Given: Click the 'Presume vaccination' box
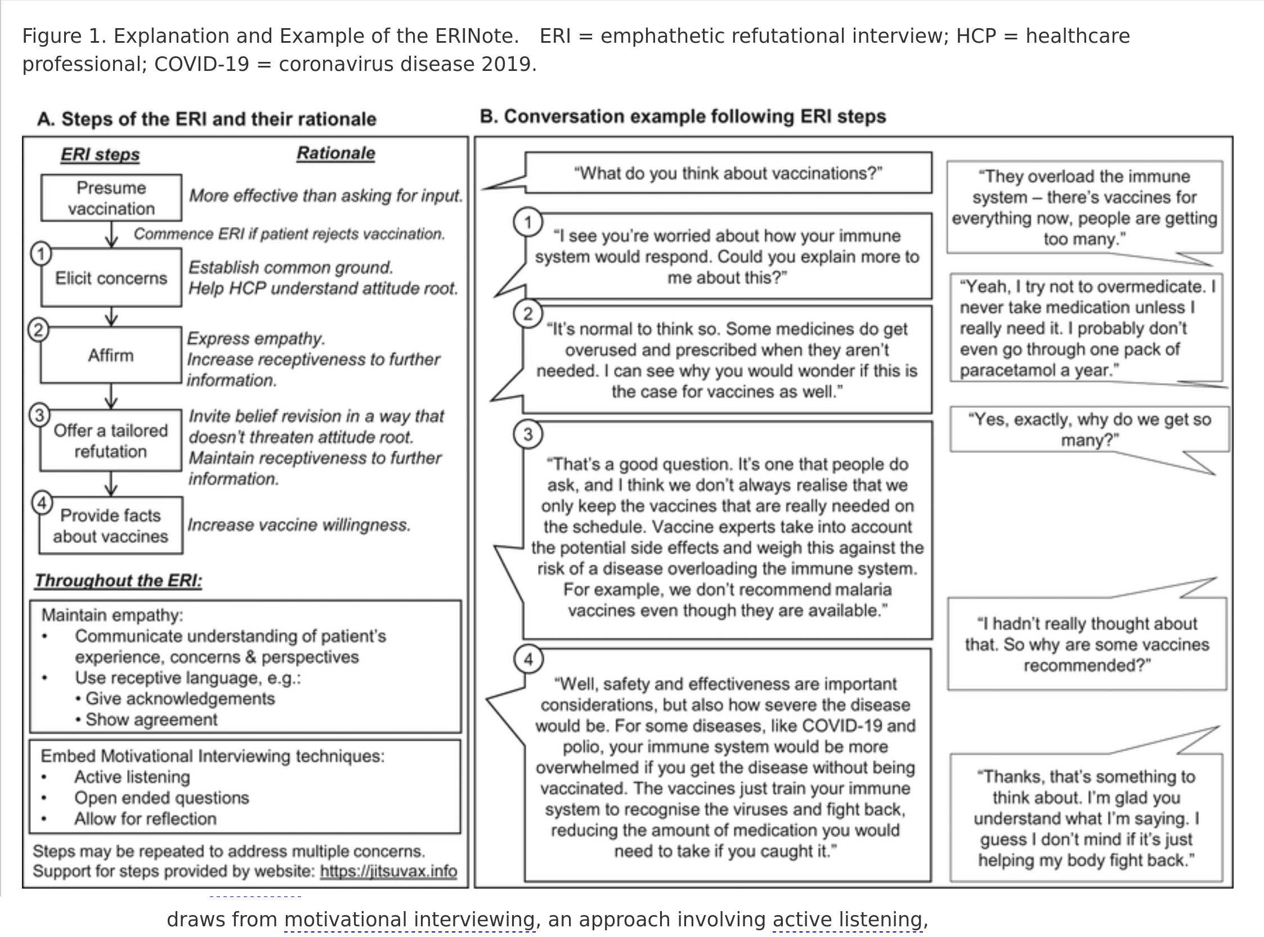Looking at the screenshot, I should click(111, 198).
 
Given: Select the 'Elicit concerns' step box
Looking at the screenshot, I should click(111, 278).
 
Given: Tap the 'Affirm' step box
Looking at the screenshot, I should click(110, 356).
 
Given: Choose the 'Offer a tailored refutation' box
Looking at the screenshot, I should click(110, 441).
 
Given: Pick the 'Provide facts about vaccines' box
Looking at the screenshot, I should click(110, 526).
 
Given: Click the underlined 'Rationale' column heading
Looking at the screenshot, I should click(336, 153).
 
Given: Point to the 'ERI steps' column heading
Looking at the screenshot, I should click(100, 154).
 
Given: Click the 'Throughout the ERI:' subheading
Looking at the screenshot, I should click(119, 581).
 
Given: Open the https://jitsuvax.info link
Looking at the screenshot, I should click(388, 871).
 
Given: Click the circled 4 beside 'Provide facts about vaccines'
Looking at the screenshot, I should click(42, 503).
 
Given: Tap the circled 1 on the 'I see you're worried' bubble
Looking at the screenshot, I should click(528, 222).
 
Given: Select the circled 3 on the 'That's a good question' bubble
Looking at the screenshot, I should click(528, 434).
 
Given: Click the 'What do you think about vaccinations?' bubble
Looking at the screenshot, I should click(728, 173).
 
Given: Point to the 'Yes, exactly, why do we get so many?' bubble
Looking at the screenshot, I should click(1089, 429).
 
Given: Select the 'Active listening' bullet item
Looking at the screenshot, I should click(132, 777).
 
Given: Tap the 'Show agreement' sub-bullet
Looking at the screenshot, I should click(151, 719).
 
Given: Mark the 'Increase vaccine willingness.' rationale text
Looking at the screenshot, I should click(299, 525).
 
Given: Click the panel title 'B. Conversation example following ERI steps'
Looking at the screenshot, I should click(683, 116).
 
